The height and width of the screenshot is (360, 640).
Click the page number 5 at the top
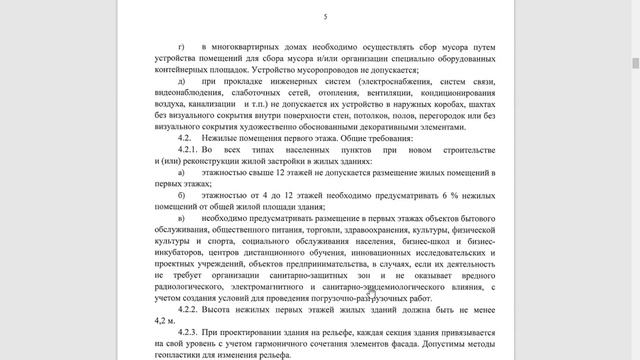point(325,17)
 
